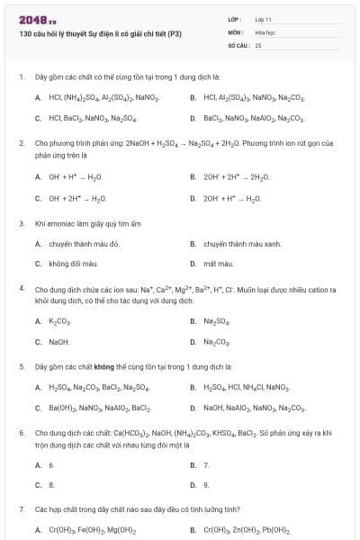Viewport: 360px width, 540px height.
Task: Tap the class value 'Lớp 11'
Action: tap(264, 19)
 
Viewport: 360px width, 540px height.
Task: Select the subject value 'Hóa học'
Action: tap(265, 31)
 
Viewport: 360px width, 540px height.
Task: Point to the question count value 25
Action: tap(258, 44)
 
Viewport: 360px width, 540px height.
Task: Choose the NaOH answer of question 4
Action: tap(58, 341)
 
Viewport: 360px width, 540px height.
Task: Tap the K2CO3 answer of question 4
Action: tap(58, 320)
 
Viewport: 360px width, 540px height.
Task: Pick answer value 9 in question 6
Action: tap(206, 484)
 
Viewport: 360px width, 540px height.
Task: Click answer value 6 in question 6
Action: tap(50, 464)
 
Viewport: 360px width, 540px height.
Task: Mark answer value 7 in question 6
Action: tap(206, 464)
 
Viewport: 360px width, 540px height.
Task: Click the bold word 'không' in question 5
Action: tap(118, 367)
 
